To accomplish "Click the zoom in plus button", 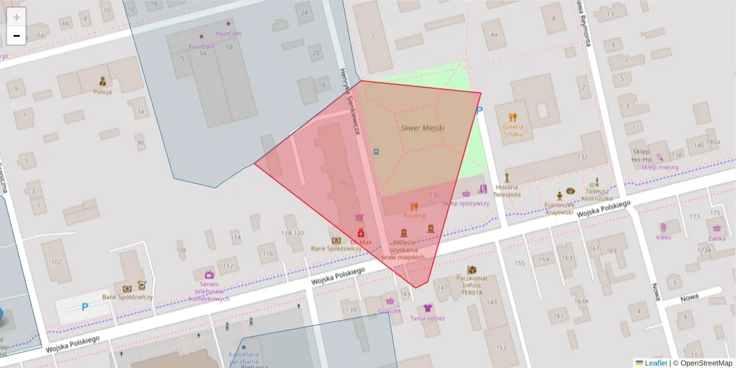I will pos(17,17).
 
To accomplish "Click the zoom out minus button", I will pos(17,36).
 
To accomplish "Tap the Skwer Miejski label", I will pos(423,128).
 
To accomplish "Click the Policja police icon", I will pos(102,81).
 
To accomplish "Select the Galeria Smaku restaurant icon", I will pos(513,117).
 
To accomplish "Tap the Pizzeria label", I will pos(414,216).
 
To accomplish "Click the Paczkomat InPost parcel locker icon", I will pos(472,270).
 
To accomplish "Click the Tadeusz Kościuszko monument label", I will pos(595,194).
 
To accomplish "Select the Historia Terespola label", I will pos(507,190).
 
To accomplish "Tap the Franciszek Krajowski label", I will pos(559,208).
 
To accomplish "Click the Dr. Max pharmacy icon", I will pos(361,232).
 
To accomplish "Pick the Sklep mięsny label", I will pos(659,167).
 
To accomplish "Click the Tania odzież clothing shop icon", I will pos(427,308).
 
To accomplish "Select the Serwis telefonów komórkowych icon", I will pos(209,275).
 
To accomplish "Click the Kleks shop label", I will pos(664,237).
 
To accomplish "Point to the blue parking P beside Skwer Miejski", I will pos(480,110).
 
